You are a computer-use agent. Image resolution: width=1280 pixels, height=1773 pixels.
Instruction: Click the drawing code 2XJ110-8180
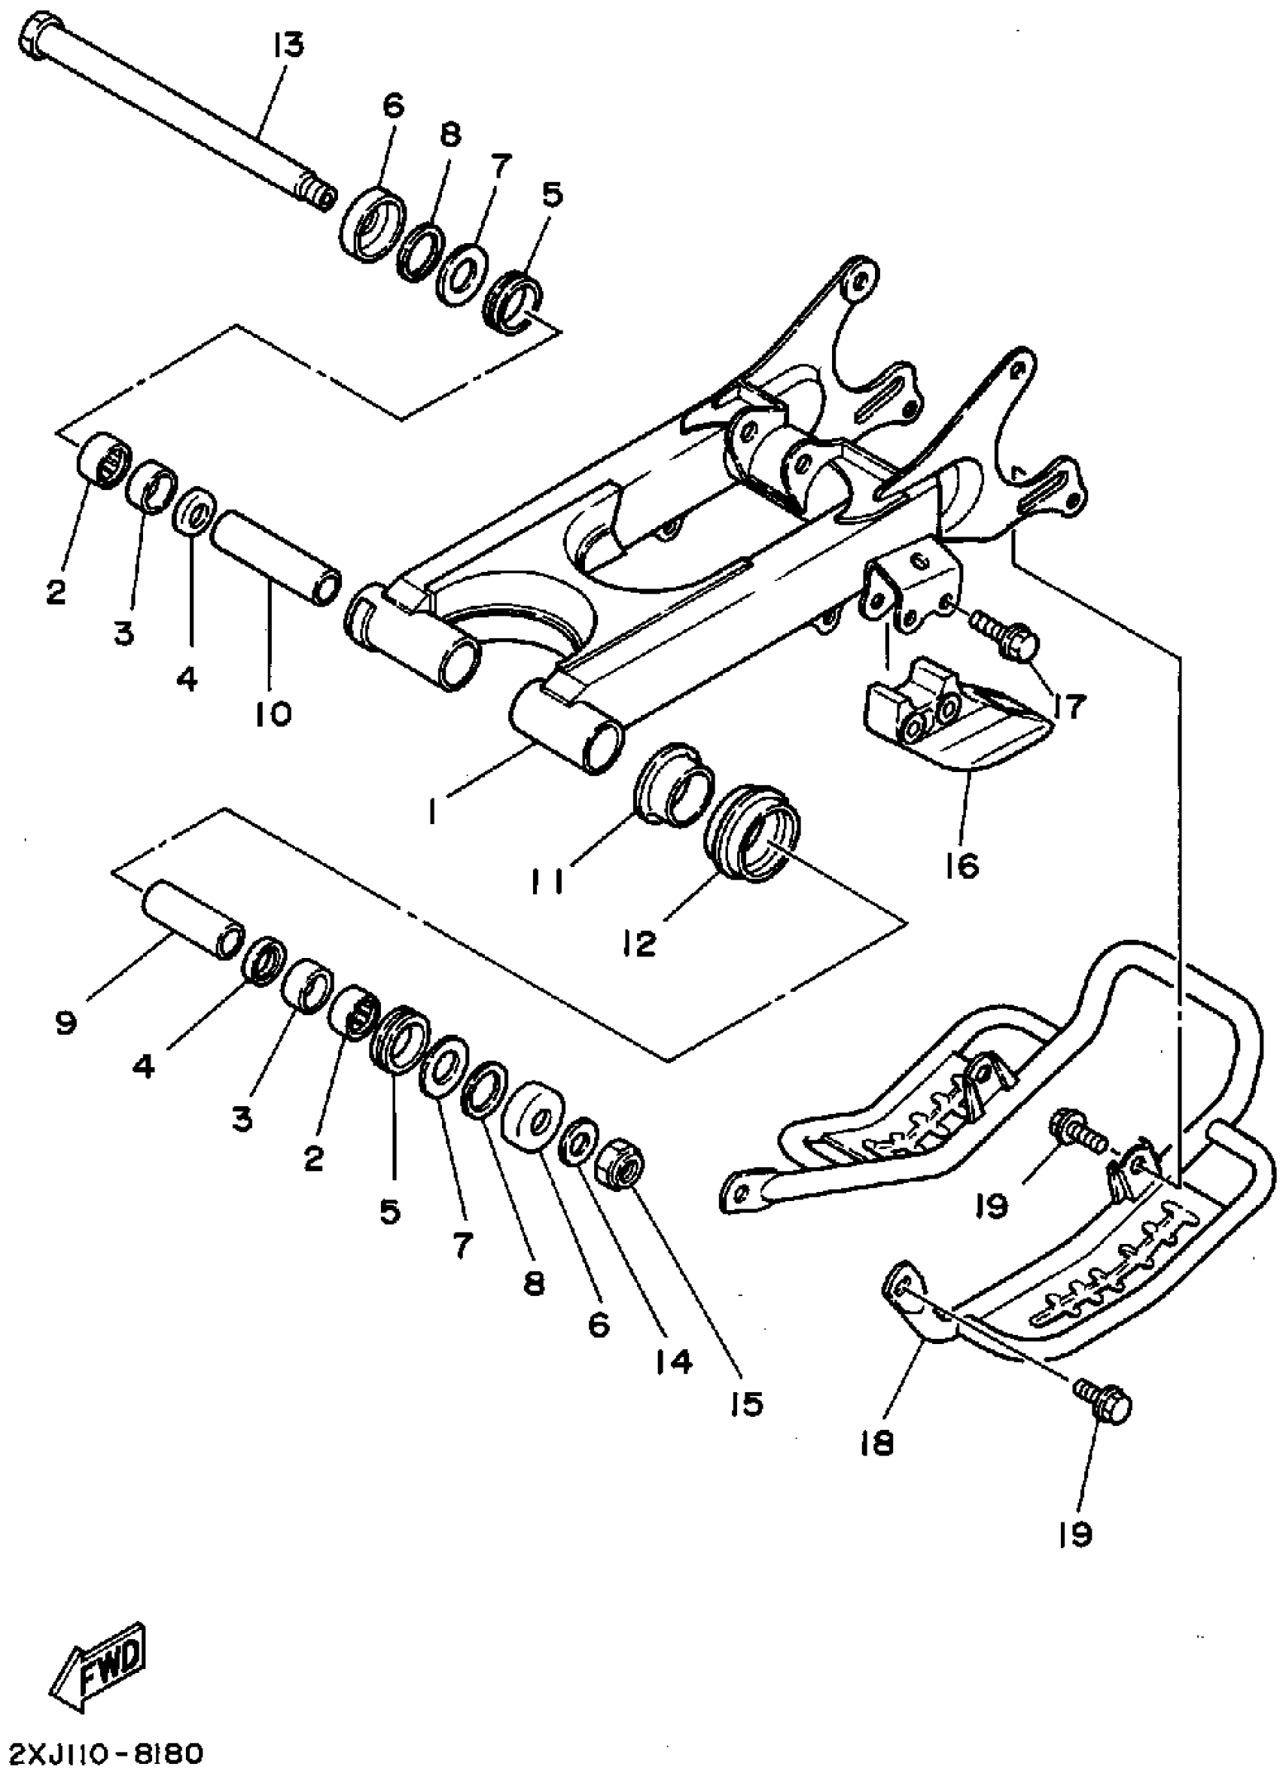105,1750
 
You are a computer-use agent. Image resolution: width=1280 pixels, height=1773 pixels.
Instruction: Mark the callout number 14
675,1361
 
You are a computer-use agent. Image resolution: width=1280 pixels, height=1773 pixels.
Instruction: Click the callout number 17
1068,707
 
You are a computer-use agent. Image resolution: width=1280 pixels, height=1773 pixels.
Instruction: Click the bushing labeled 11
674,783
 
